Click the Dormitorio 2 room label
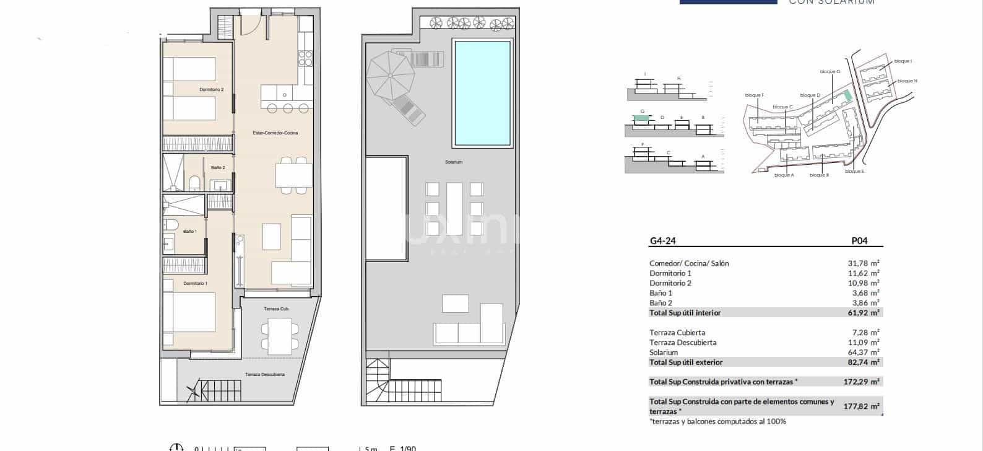click(x=211, y=90)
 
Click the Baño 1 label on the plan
click(x=190, y=232)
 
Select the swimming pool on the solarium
click(x=482, y=92)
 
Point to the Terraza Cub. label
click(x=277, y=309)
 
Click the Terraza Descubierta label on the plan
click(x=264, y=375)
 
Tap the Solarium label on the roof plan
click(x=453, y=162)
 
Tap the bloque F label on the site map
click(x=755, y=95)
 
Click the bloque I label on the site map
click(x=903, y=61)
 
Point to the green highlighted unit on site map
click(x=847, y=95)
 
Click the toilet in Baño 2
click(x=194, y=182)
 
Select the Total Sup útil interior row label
click(x=685, y=313)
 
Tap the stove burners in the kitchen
click(x=305, y=58)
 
